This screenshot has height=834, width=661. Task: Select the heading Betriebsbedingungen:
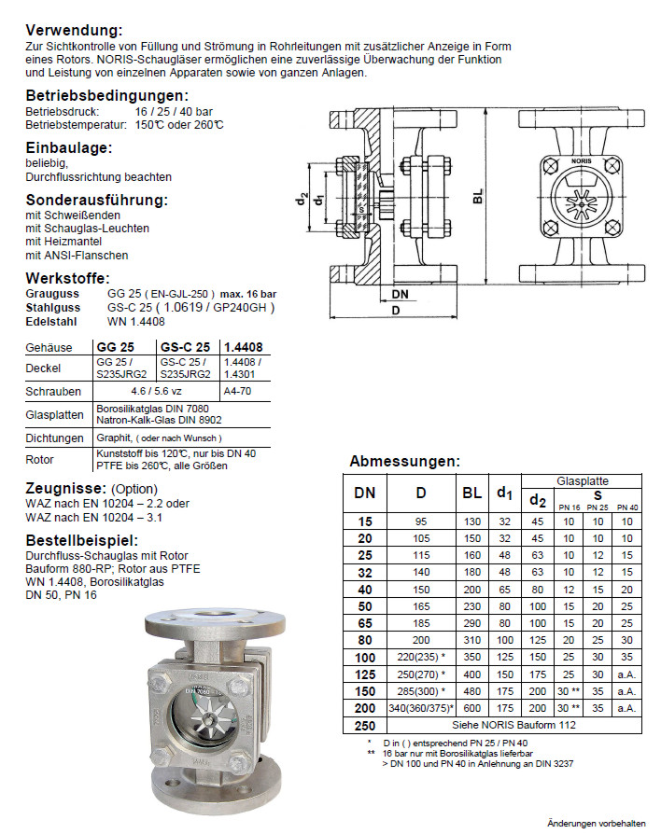(107, 95)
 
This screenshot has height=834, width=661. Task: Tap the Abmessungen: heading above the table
(404, 461)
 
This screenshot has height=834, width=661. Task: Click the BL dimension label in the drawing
(478, 198)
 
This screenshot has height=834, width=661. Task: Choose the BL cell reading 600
(472, 708)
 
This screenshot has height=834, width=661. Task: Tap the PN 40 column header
(627, 507)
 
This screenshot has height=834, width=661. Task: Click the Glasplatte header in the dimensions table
(582, 481)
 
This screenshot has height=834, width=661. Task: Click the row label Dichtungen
(55, 438)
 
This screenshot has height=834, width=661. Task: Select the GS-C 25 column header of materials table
(185, 347)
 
